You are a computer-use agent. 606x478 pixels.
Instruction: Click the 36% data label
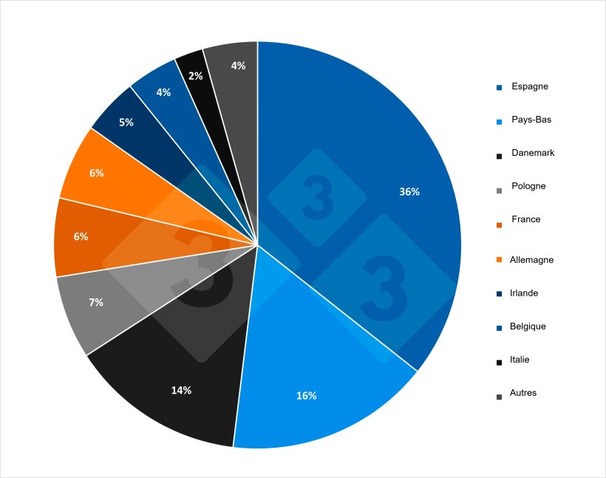(x=409, y=192)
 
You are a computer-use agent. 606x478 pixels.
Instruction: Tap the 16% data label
(x=306, y=396)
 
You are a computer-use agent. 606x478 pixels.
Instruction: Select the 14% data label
(x=181, y=390)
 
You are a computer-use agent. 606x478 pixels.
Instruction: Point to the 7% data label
(x=95, y=302)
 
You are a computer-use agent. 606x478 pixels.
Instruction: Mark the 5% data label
(x=126, y=123)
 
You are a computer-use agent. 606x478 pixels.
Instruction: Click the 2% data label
(x=195, y=76)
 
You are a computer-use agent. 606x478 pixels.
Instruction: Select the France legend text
(x=525, y=219)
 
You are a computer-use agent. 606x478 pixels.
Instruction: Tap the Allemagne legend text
(x=531, y=260)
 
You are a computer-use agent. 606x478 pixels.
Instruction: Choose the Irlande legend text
(x=524, y=293)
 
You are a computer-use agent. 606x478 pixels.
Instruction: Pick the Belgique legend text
(x=528, y=327)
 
